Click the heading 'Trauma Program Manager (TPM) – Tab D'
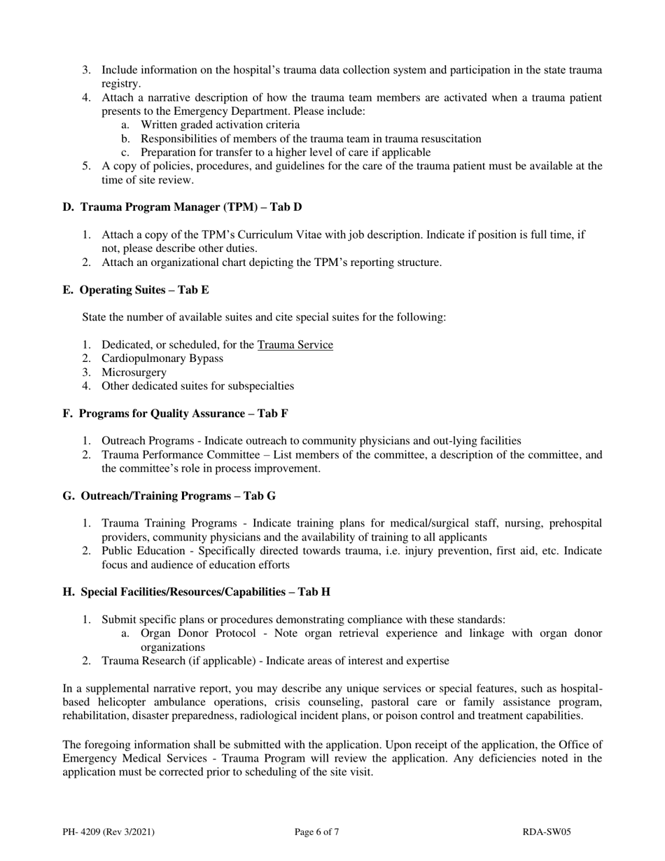(191, 207)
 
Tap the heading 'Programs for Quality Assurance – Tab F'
(183, 414)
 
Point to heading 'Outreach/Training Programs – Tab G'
(178, 496)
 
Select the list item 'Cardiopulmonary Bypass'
(162, 358)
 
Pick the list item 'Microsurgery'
(134, 372)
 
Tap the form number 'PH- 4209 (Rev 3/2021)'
(108, 832)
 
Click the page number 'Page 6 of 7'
(317, 832)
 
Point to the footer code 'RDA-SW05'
(547, 832)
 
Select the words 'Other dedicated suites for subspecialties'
(198, 386)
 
